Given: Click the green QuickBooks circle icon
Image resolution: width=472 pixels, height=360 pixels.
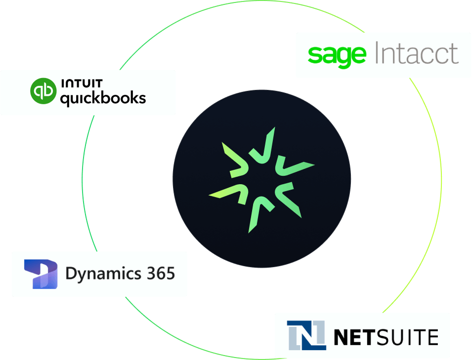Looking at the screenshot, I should click(x=43, y=91).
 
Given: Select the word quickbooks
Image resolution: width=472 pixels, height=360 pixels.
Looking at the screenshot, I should click(x=103, y=98).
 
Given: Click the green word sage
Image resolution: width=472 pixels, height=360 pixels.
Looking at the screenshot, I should click(x=337, y=55).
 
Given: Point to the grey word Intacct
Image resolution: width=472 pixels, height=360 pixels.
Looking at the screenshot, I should click(x=417, y=54).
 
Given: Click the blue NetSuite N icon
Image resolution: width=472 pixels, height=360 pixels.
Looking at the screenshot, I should click(x=306, y=335).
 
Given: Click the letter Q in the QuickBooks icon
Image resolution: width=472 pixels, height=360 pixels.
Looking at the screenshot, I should click(x=43, y=91).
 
